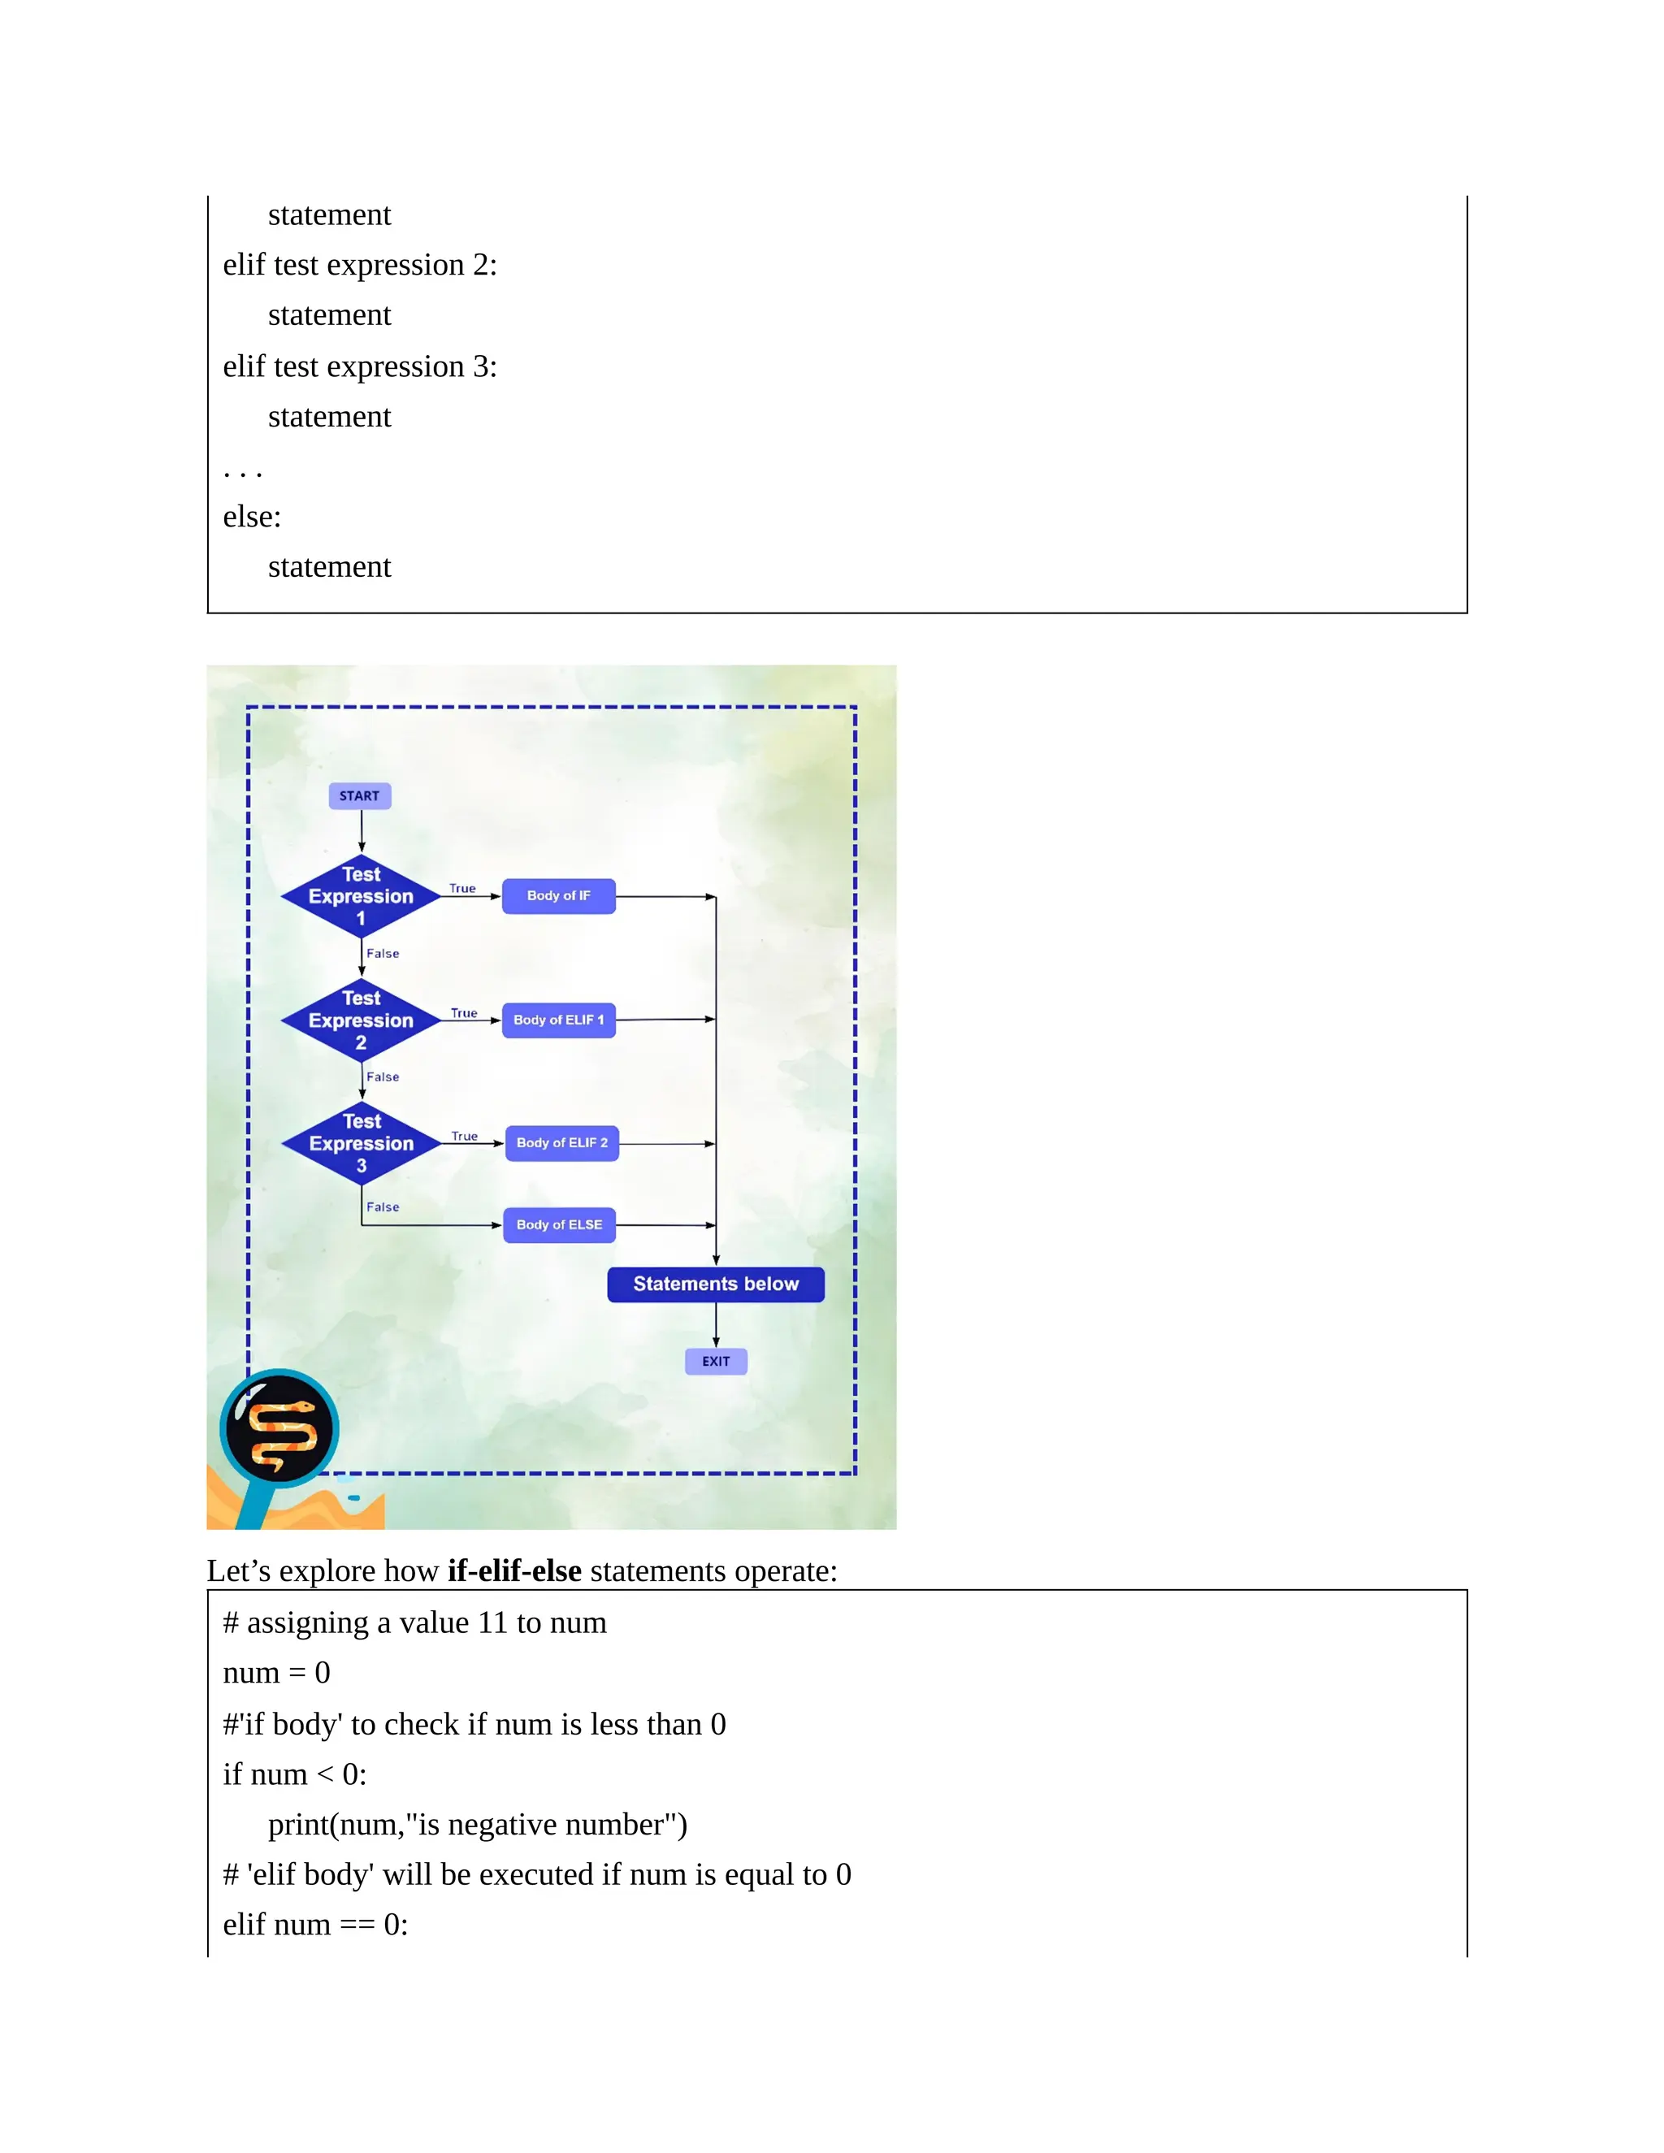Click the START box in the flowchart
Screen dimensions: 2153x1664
pos(360,795)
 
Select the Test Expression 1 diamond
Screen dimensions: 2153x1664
pos(361,896)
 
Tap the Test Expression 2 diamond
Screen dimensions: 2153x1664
pos(361,1020)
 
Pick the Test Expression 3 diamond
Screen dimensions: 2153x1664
pos(361,1144)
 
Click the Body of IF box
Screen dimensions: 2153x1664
pos(558,896)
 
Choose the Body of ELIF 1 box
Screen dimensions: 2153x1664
pos(558,1020)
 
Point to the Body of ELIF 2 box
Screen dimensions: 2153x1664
pos(562,1144)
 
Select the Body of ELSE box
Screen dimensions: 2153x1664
pos(559,1225)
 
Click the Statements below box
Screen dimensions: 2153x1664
pos(716,1284)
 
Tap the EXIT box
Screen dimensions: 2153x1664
pos(716,1362)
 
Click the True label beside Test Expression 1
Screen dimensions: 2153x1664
pos(462,888)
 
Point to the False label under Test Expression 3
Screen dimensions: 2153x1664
pos(383,1206)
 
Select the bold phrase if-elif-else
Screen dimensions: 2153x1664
pos(513,1570)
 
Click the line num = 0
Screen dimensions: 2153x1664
pos(276,1673)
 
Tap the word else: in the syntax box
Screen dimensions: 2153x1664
pos(253,517)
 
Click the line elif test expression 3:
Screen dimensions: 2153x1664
pos(360,366)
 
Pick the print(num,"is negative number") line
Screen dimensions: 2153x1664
pos(477,1825)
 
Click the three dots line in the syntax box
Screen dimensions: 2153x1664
pos(242,471)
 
